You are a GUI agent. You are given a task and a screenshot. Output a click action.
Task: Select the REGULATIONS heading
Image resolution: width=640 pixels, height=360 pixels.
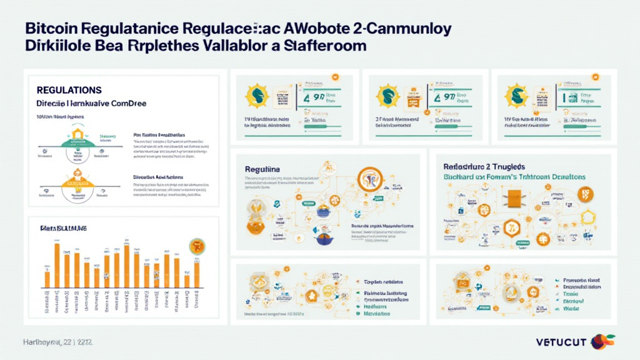click(x=69, y=91)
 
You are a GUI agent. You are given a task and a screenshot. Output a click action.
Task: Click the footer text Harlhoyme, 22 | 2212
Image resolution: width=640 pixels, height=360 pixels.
click(x=57, y=342)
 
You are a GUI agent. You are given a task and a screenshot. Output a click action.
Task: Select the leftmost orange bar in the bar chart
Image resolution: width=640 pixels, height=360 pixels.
click(x=47, y=279)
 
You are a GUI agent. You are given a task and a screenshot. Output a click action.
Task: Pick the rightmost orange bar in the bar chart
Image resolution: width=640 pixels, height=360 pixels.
click(x=196, y=274)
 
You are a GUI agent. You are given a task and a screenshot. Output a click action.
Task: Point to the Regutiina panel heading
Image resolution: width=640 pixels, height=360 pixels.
click(x=262, y=169)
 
